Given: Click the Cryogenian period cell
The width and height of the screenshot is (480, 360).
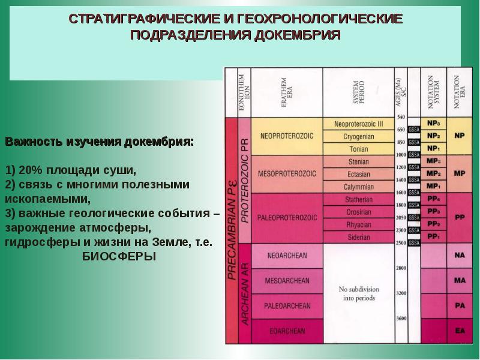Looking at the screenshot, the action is [358, 136].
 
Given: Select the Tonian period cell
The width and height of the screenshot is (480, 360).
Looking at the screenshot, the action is [358, 148].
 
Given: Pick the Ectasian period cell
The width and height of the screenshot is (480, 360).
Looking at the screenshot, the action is [358, 174].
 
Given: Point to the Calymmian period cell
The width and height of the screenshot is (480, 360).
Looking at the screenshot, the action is [358, 186].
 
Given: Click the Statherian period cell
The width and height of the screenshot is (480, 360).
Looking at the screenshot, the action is [358, 199].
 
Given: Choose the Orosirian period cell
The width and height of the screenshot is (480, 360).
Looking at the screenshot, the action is [358, 212].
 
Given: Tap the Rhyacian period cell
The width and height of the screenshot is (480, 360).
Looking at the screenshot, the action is [358, 224].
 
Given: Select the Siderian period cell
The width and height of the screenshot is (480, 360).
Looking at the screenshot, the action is [358, 237].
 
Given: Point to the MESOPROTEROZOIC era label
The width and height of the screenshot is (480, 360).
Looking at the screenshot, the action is [286, 174].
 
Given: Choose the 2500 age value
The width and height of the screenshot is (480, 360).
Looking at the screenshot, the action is [400, 242].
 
